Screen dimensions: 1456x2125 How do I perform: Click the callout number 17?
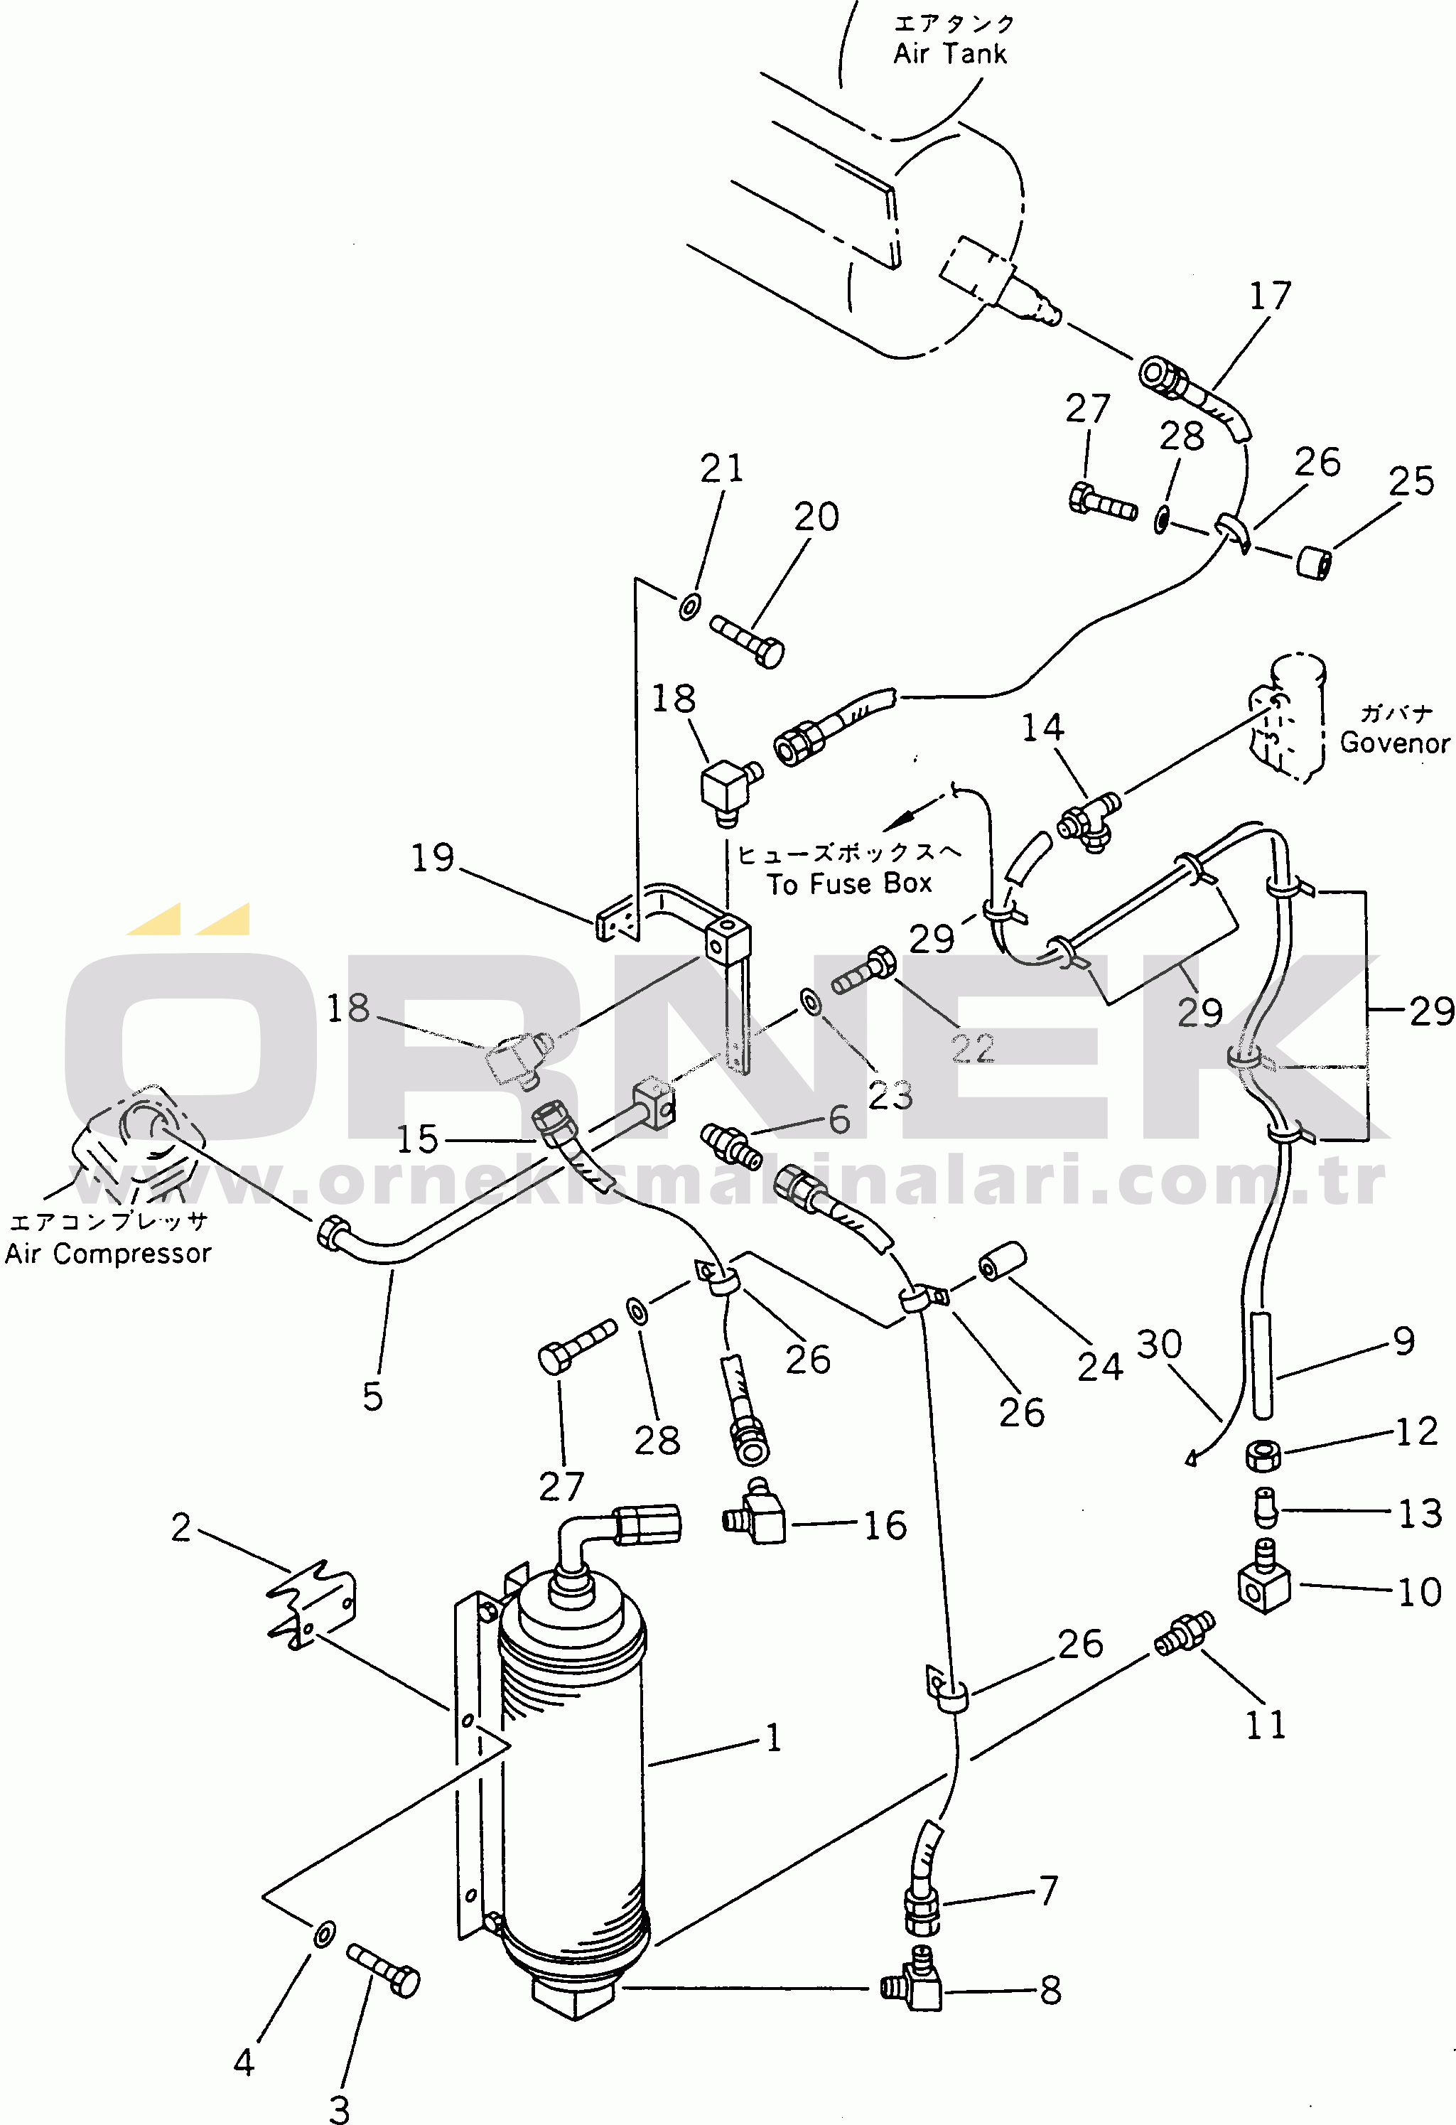(1270, 296)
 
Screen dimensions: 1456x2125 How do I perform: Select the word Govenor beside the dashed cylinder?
(1395, 743)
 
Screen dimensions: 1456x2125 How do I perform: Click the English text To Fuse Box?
(849, 884)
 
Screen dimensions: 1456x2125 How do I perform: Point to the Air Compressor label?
(108, 1254)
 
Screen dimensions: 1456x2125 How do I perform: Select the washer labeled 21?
(689, 606)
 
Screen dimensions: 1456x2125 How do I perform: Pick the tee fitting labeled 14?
(1089, 819)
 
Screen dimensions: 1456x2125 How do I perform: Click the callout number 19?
(432, 858)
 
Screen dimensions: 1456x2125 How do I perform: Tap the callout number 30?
(1159, 1344)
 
